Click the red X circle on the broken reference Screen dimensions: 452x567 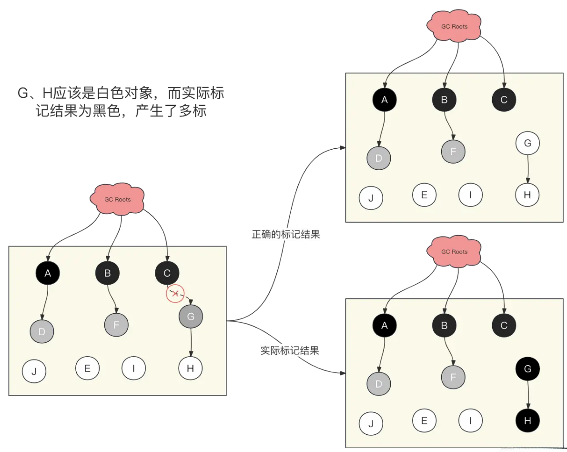[x=175, y=294]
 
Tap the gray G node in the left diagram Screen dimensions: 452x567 [x=191, y=316]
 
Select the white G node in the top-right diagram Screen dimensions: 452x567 [x=527, y=143]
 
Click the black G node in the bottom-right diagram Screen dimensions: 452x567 [x=527, y=368]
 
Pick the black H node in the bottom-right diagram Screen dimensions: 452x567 [x=527, y=420]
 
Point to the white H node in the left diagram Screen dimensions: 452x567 [x=191, y=368]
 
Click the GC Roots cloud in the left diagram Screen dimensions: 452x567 [x=117, y=199]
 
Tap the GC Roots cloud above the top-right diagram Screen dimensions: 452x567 [x=454, y=26]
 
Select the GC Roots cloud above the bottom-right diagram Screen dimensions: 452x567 [x=454, y=251]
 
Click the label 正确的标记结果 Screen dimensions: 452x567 [x=285, y=235]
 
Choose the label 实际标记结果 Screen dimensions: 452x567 [x=290, y=350]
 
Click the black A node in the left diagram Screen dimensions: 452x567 [x=47, y=273]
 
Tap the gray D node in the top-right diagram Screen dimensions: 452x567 [x=379, y=158]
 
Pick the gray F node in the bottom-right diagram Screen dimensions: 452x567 [x=453, y=377]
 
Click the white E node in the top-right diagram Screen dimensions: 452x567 [x=424, y=195]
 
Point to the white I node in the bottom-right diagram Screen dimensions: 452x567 [x=470, y=420]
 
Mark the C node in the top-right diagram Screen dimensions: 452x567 [x=504, y=100]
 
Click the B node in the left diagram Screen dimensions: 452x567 [x=107, y=273]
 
